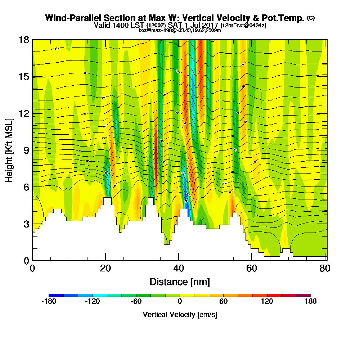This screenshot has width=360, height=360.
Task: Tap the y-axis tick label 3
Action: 26,224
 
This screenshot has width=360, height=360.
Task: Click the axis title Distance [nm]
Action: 180,282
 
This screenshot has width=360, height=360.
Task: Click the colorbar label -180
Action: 49,302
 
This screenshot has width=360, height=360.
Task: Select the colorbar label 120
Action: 267,302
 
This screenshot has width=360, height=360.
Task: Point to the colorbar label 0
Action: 180,302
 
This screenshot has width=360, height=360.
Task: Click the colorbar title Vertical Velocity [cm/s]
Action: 180,315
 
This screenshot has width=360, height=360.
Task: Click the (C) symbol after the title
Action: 311,18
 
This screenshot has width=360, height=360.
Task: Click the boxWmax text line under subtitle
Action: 180,30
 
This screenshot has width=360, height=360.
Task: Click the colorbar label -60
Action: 136,302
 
